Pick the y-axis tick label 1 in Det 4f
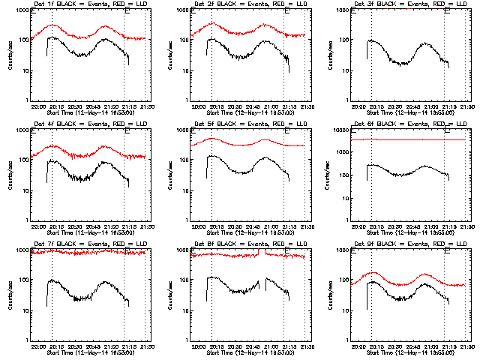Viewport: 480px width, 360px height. (x=25, y=219)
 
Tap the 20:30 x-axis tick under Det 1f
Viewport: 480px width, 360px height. (x=74, y=107)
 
